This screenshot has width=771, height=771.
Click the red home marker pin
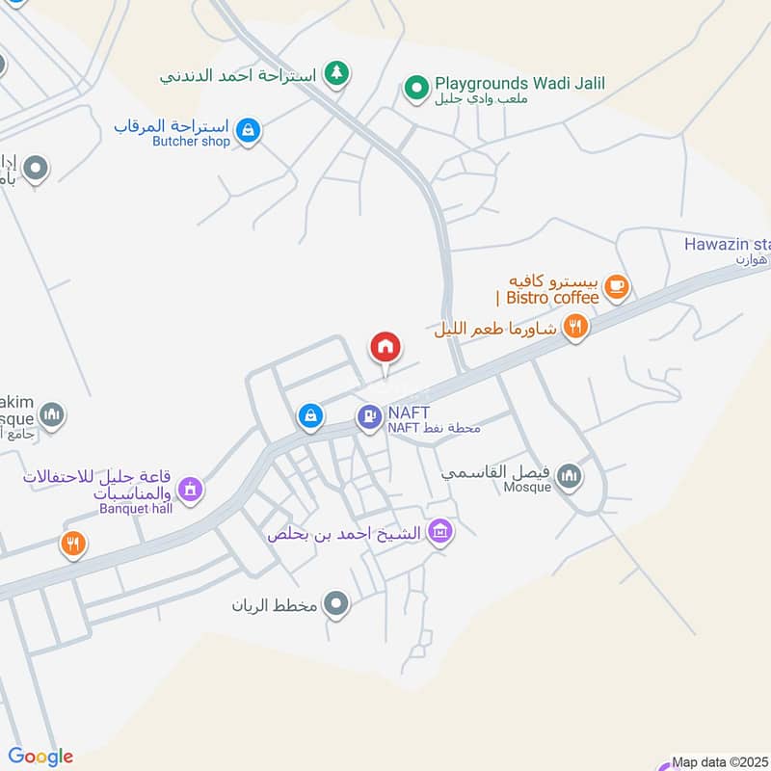point(385,348)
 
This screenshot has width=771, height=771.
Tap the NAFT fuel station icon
point(368,417)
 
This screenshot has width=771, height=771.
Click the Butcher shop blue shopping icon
point(249,131)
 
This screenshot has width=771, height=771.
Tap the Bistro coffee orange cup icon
point(617,285)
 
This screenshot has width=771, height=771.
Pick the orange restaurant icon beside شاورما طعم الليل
point(576,327)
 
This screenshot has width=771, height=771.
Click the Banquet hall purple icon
point(191,490)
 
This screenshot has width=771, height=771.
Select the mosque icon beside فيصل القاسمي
point(570,475)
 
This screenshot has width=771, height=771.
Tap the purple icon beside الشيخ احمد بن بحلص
point(440,531)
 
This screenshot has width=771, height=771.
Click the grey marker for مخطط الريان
point(336,605)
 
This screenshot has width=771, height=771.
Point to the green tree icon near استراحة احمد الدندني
point(335,73)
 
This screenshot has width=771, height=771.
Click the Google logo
point(40,757)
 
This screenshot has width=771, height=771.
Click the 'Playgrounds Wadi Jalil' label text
point(518,84)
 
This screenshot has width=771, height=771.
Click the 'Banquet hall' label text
point(135,508)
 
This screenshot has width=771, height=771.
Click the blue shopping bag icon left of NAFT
point(308,415)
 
